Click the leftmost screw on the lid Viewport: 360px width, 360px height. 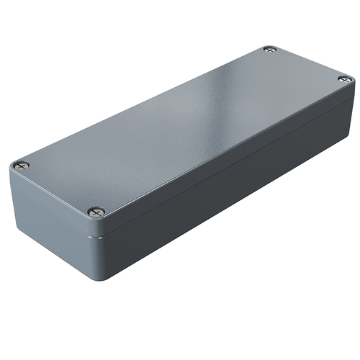21,165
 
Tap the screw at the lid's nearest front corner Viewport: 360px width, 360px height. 96,212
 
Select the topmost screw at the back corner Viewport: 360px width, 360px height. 269,50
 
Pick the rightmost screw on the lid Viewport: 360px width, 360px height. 344,78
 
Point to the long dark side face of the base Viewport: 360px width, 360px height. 238,194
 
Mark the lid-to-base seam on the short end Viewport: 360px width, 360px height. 50,210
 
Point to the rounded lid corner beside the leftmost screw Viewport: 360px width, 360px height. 12,167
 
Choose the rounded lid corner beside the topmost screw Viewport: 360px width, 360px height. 271,45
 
